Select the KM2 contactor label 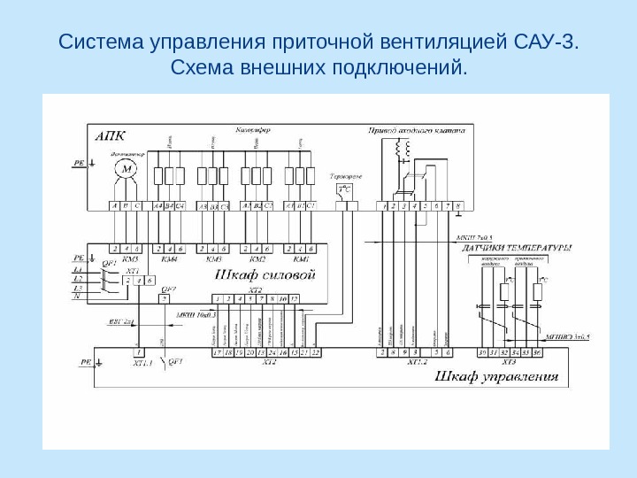click(x=257, y=259)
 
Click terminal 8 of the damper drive click(x=457, y=206)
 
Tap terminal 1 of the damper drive click(x=383, y=206)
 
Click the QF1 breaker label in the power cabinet click(x=110, y=263)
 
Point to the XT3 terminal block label click(x=509, y=362)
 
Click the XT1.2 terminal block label click(x=416, y=362)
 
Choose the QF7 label click(x=166, y=289)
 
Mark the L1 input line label click(x=79, y=268)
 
